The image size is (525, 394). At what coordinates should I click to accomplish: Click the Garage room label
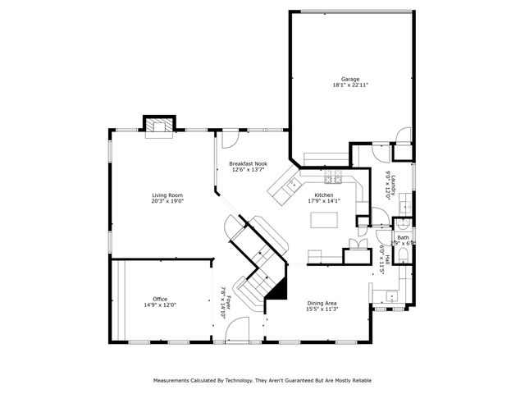[x=350, y=79]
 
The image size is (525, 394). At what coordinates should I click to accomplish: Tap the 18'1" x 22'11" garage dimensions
[x=350, y=85]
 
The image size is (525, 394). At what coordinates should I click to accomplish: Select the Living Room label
[x=167, y=195]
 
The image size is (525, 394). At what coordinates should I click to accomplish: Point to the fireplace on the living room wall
[x=158, y=125]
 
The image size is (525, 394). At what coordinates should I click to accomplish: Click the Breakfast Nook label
[x=248, y=163]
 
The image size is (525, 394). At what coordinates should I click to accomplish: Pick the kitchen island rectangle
[x=324, y=220]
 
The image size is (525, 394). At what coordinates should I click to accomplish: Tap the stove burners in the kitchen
[x=333, y=178]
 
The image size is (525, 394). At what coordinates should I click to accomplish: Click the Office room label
[x=160, y=299]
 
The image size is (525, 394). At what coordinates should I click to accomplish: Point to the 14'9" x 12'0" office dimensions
[x=160, y=305]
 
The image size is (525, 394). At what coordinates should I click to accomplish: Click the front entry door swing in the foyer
[x=236, y=330]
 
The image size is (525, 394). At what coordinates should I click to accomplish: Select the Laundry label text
[x=394, y=185]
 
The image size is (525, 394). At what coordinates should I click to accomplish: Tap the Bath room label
[x=403, y=237]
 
